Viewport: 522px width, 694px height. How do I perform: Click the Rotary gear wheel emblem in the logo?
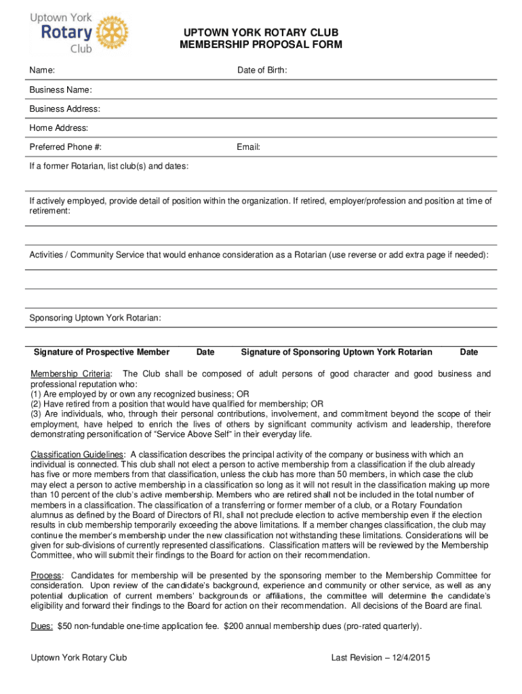[112, 32]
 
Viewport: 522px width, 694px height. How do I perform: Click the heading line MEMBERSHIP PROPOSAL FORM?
[261, 45]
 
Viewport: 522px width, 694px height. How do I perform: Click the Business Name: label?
[60, 90]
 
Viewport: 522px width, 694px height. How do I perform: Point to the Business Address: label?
[64, 109]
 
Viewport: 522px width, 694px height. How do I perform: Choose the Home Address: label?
[58, 128]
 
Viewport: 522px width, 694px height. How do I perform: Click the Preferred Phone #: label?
[66, 147]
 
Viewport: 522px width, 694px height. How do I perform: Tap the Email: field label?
[249, 147]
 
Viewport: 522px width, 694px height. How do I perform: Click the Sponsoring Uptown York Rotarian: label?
[95, 318]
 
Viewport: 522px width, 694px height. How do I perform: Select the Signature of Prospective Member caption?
[102, 352]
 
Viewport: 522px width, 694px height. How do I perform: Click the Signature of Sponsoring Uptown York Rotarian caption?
[336, 352]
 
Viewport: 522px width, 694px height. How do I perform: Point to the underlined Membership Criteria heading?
[73, 374]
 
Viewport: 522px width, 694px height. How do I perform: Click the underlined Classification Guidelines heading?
[77, 454]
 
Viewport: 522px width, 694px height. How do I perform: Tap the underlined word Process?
[46, 575]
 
